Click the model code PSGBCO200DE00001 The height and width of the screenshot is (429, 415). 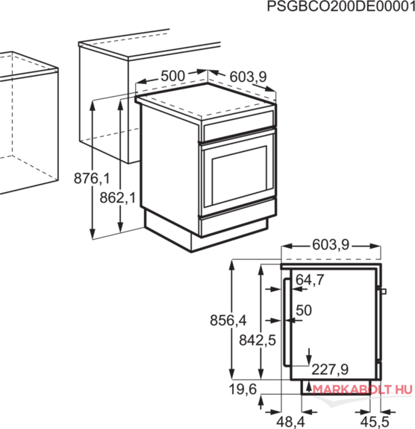341,6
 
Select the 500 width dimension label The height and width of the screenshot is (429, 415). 172,76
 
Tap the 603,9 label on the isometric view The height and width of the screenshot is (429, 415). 248,77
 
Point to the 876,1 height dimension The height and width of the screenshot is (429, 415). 92,179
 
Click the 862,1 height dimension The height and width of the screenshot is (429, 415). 118,197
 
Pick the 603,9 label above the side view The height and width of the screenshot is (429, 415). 331,245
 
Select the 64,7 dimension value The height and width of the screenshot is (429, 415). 310,280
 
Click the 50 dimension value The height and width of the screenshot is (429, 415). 304,311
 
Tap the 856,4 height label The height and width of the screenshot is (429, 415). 228,320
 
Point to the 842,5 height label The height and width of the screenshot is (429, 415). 258,340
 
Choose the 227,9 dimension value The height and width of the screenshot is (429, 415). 330,369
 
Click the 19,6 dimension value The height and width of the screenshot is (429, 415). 243,390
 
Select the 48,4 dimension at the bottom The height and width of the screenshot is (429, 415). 290,422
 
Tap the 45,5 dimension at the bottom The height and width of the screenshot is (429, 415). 375,422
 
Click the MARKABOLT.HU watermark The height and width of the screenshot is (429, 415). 362,390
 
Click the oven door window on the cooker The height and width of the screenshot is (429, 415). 240,175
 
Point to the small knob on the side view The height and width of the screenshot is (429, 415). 383,291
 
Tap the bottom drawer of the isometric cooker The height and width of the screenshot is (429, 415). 237,223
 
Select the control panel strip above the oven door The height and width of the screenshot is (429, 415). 239,125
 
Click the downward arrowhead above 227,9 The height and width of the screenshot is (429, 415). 309,360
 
